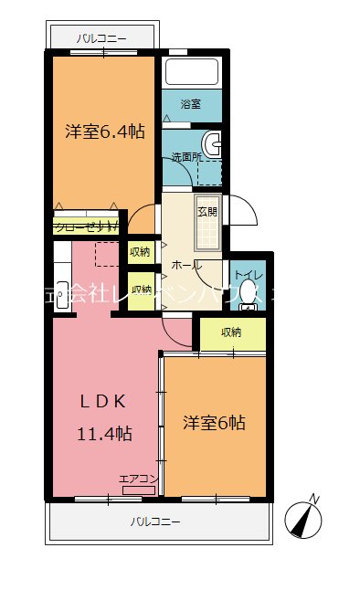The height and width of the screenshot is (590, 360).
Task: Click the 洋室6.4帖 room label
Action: [x=104, y=132]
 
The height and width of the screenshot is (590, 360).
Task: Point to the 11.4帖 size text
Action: [x=102, y=434]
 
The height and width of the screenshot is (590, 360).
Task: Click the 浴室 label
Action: [x=190, y=105]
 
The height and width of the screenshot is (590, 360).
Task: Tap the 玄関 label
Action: [x=207, y=212]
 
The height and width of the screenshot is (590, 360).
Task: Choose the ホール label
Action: [x=185, y=265]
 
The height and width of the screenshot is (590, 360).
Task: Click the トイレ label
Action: [x=248, y=272]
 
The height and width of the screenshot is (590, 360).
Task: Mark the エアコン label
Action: [x=139, y=478]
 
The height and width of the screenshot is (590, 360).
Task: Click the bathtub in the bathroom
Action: [x=191, y=72]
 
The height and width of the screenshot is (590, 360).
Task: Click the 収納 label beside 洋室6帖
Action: [x=232, y=332]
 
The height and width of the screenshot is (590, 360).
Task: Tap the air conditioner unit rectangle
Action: [x=139, y=490]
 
